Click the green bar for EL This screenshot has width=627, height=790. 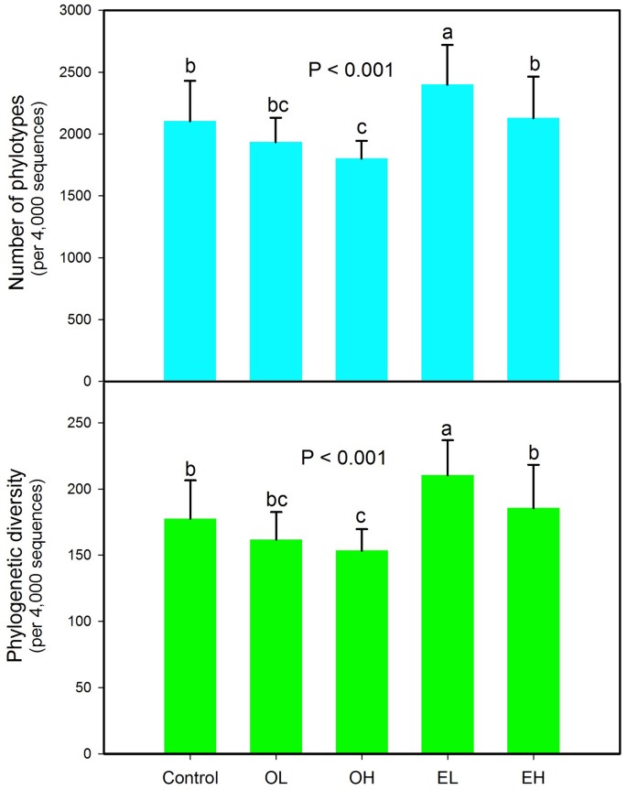pyautogui.click(x=448, y=613)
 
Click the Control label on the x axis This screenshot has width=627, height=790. pyautogui.click(x=189, y=778)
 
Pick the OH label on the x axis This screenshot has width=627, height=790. pyautogui.click(x=362, y=778)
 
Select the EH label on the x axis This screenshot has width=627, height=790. pyautogui.click(x=533, y=778)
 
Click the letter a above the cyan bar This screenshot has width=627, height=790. pyautogui.click(x=448, y=33)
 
